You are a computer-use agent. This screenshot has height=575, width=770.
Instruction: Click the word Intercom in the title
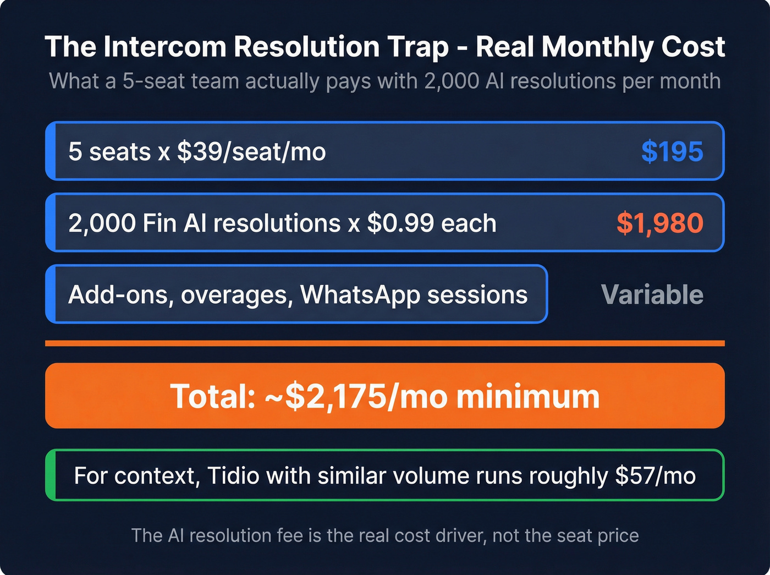click(164, 47)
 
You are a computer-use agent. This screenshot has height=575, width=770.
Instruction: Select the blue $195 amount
click(672, 151)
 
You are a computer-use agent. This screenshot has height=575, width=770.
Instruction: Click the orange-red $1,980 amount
click(659, 223)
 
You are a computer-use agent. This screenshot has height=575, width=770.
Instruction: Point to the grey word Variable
click(652, 295)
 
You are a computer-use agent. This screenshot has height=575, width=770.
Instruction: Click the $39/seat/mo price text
click(251, 152)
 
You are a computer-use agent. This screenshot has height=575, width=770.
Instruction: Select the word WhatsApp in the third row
click(360, 295)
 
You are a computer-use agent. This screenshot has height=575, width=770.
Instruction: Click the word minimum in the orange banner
click(527, 396)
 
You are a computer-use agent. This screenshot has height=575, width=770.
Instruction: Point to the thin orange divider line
click(384, 343)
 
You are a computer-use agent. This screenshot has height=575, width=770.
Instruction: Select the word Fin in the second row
click(160, 223)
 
